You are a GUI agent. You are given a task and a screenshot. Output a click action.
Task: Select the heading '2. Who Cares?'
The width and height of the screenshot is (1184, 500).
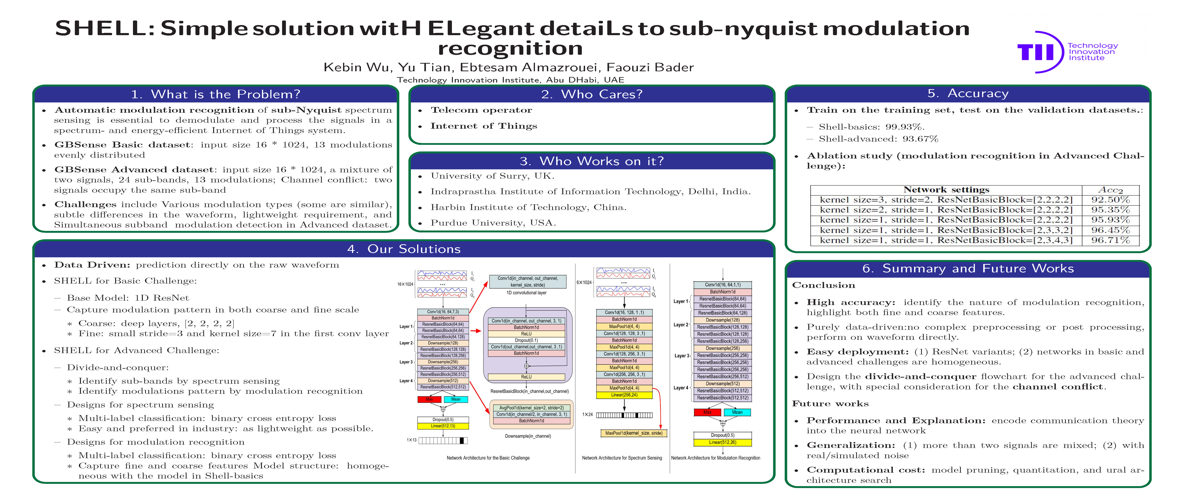point(592,94)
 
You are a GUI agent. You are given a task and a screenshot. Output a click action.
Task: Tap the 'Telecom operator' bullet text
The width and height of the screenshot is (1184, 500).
point(481,110)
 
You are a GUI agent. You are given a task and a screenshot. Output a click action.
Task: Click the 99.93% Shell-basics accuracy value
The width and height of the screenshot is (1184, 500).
point(905,127)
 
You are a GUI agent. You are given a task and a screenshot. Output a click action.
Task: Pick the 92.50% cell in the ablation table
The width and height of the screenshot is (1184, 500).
point(1110,200)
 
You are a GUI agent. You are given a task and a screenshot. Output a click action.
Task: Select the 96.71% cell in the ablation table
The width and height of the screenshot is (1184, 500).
point(1110,240)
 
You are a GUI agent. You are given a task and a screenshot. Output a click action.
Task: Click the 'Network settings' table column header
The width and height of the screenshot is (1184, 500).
point(946,189)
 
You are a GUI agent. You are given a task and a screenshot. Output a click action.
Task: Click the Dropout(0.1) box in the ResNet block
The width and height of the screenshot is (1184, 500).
point(526,340)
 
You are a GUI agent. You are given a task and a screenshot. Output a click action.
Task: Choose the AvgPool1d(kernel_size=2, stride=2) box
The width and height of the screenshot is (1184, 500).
point(531,407)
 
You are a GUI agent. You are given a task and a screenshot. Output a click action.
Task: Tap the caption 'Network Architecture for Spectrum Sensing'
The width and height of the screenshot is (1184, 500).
point(622,458)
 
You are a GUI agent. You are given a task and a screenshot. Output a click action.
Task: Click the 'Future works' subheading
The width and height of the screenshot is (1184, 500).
point(830,404)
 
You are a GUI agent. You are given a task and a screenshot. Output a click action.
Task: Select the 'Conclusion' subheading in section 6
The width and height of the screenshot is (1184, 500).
point(823,285)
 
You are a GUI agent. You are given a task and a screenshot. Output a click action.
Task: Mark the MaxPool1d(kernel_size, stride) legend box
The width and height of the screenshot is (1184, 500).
point(633,433)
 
